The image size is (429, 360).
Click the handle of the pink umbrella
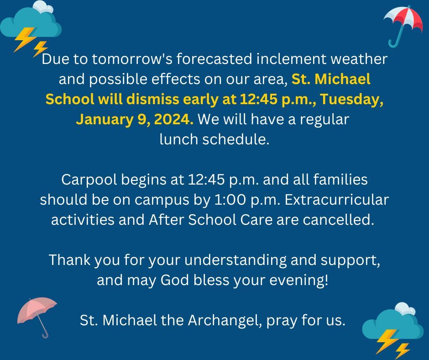point(43,331)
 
